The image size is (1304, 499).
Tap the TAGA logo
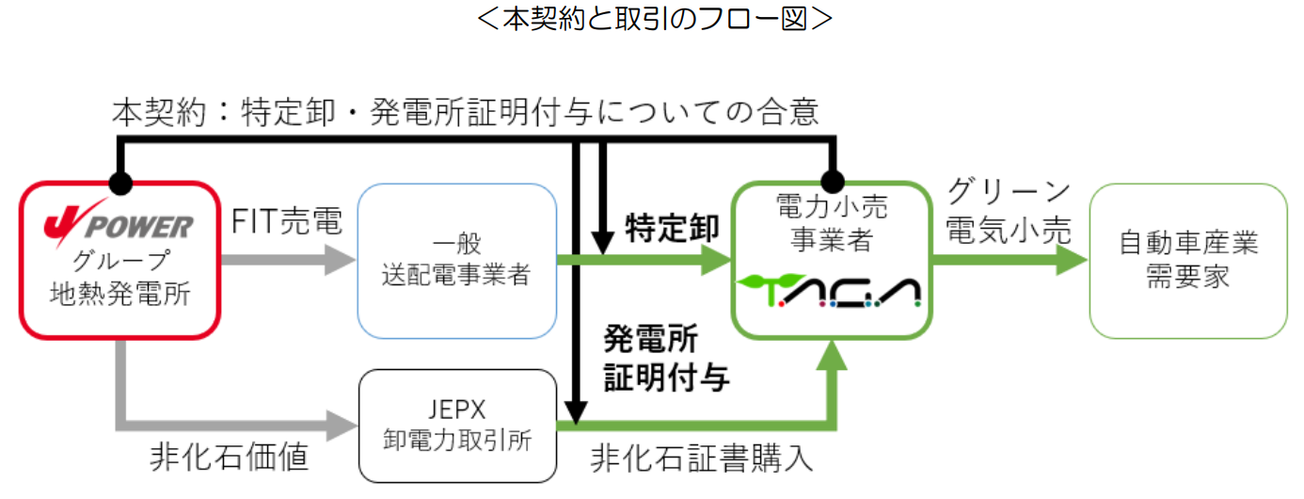click(829, 293)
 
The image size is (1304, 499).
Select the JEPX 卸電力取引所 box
click(457, 426)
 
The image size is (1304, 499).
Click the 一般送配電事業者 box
click(457, 260)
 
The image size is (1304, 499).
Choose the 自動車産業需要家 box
click(1187, 260)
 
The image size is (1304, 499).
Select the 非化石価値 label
click(229, 459)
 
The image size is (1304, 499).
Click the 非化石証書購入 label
click(701, 459)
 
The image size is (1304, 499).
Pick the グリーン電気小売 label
click(1009, 211)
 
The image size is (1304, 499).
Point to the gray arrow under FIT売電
click(287, 260)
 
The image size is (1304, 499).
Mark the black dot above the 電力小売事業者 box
click(830, 181)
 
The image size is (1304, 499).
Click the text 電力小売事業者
click(830, 220)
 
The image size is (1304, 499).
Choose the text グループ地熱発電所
click(119, 277)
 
